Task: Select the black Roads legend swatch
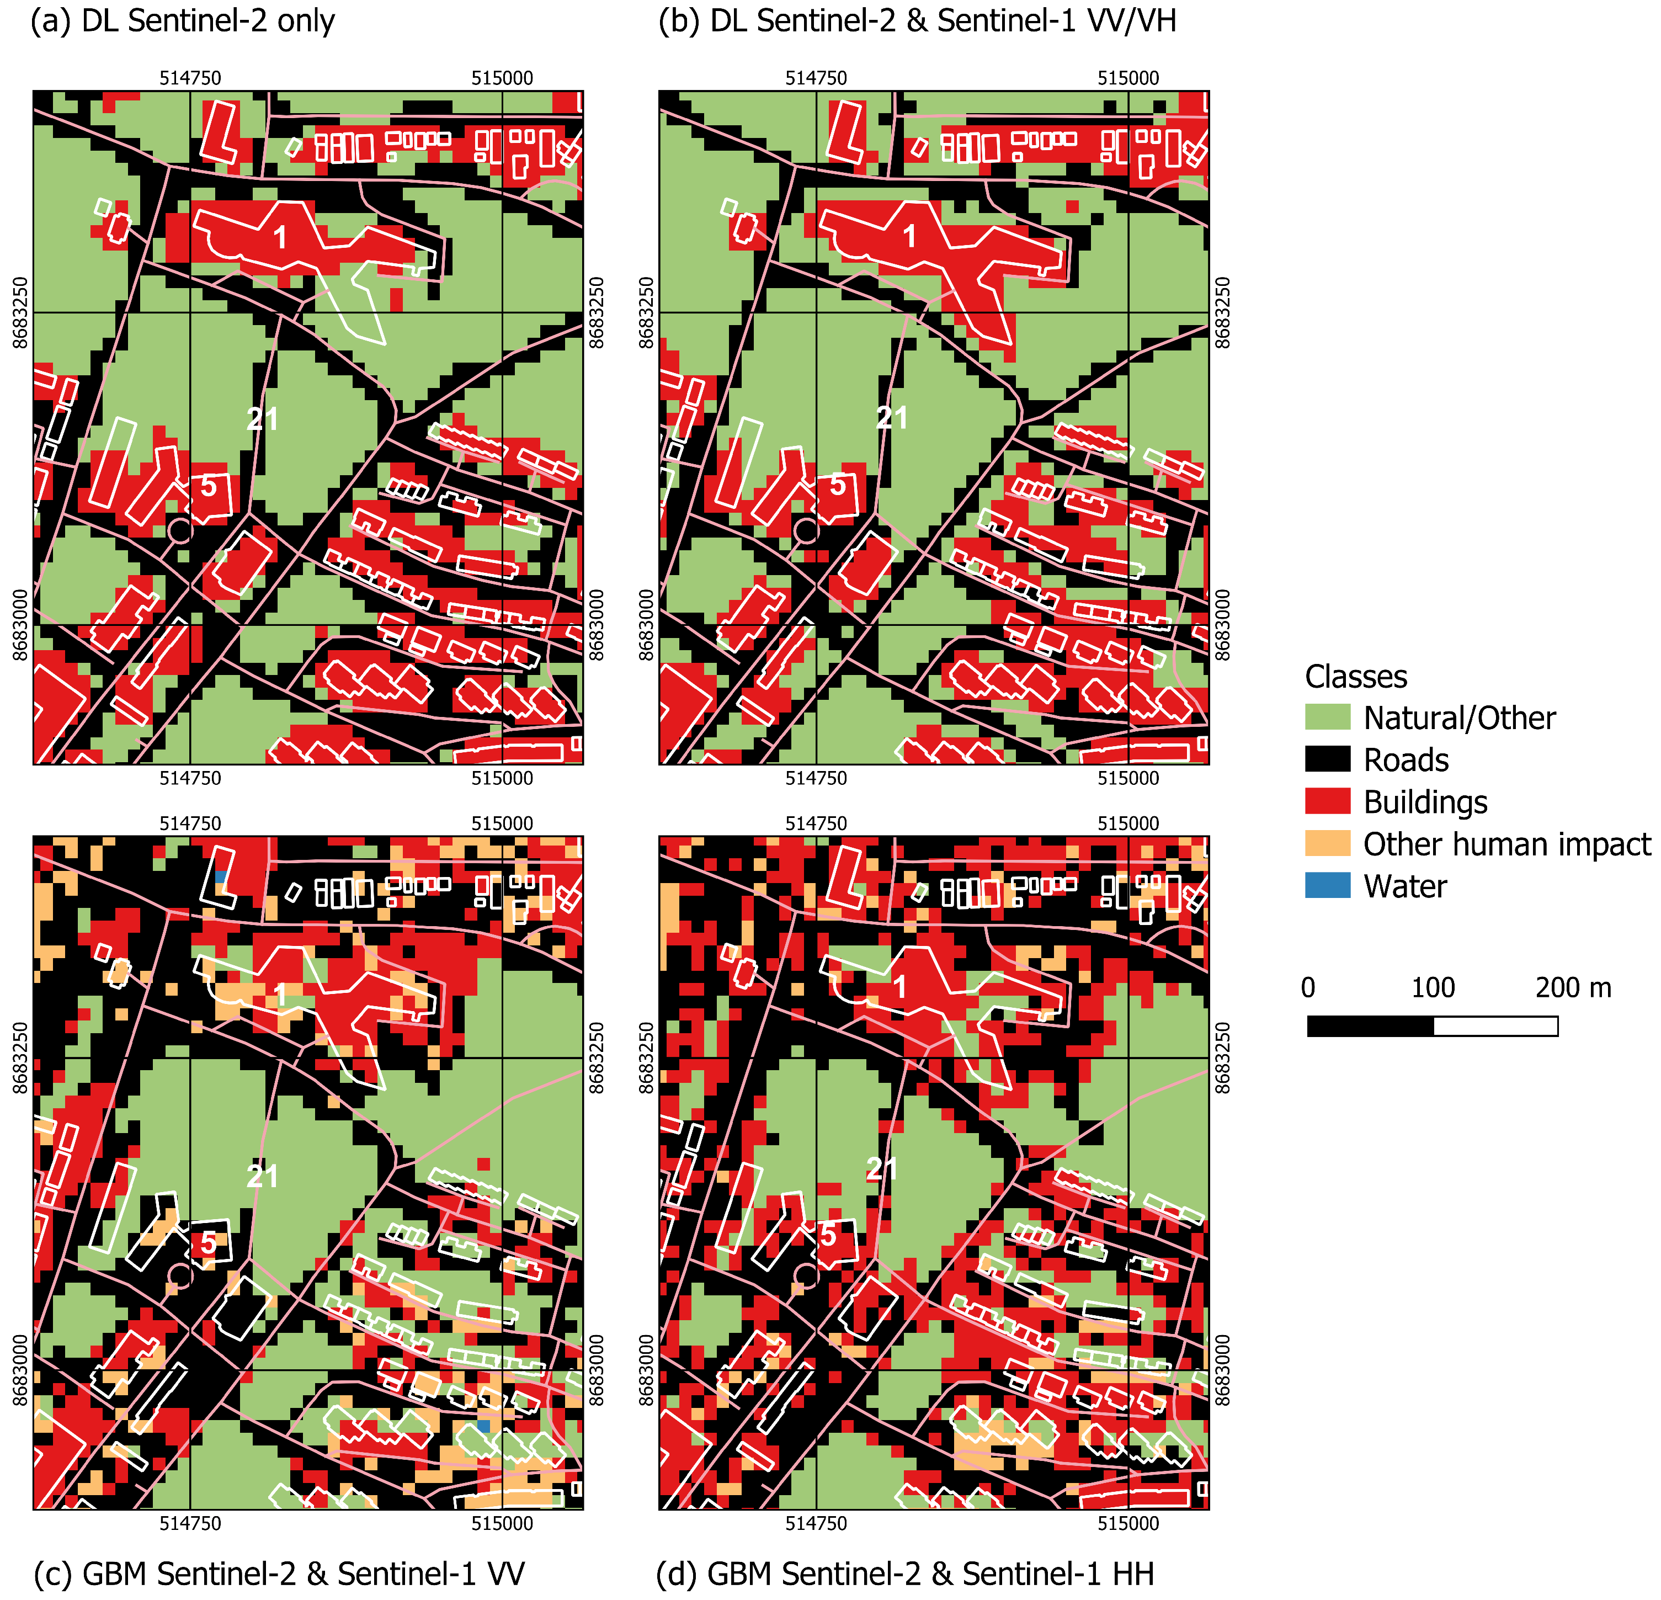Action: tap(1327, 759)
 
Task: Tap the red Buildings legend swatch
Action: tap(1327, 801)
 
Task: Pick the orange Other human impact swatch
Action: tap(1327, 843)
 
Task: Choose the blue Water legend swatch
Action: tap(1327, 886)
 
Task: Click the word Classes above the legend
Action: tap(1355, 676)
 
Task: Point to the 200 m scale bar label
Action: tap(1573, 987)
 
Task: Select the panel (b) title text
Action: tap(917, 20)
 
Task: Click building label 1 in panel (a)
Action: tap(280, 238)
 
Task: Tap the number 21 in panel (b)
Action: tap(892, 418)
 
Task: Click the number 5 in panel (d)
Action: tap(828, 1235)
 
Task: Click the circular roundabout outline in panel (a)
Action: tap(180, 531)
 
